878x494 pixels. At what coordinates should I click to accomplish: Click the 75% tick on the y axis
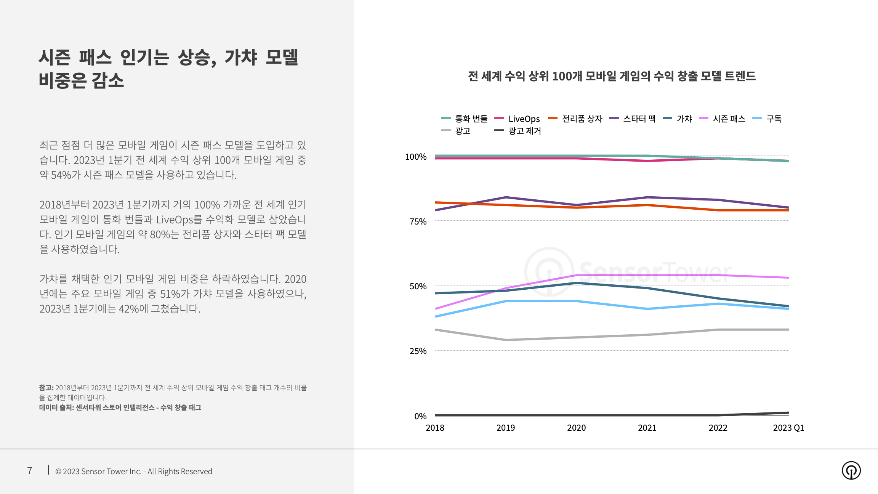pyautogui.click(x=418, y=221)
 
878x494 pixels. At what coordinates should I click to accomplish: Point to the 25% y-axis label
pyautogui.click(x=418, y=351)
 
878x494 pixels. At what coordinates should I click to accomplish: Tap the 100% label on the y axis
pyautogui.click(x=415, y=157)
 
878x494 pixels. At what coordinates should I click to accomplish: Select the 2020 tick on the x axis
pyautogui.click(x=576, y=428)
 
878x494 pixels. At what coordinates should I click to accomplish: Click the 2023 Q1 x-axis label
pyautogui.click(x=788, y=428)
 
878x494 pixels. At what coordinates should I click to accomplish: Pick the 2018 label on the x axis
pyautogui.click(x=435, y=428)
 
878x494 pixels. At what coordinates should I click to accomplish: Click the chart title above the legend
pyautogui.click(x=612, y=76)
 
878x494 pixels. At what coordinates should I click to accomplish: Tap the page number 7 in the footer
pyautogui.click(x=30, y=471)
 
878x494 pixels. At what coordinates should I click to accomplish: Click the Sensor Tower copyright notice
pyautogui.click(x=134, y=472)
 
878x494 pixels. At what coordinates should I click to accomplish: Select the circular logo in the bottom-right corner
pyautogui.click(x=851, y=470)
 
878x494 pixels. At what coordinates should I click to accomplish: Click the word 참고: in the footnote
pyautogui.click(x=46, y=388)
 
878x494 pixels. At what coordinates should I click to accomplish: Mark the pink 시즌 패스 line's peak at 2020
pyautogui.click(x=577, y=275)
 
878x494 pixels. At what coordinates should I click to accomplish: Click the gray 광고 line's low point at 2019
pyautogui.click(x=506, y=340)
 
